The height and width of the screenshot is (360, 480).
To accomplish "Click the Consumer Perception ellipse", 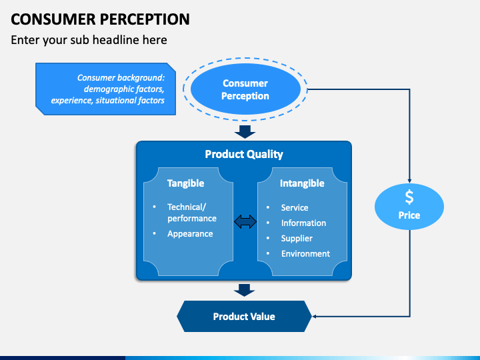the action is (245, 89).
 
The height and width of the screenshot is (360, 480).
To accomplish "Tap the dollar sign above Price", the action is (409, 197).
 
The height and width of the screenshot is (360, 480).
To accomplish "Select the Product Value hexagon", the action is (244, 316).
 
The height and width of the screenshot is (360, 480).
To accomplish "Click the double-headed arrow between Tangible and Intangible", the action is (245, 221).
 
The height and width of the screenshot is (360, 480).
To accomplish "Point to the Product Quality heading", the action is (244, 154).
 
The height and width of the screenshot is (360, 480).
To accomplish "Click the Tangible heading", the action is (185, 183).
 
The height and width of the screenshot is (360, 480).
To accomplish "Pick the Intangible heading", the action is (302, 183).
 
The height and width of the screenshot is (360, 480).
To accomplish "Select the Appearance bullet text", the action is (190, 234).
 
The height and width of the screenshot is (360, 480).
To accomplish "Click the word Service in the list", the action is (295, 207).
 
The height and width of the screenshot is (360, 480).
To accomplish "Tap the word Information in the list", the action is (304, 223).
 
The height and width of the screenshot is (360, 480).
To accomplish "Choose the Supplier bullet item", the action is (297, 239).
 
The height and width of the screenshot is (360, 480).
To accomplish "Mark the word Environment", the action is (305, 254).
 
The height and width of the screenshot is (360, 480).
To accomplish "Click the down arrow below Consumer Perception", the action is (245, 131).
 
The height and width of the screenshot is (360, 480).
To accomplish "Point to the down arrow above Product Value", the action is (244, 290).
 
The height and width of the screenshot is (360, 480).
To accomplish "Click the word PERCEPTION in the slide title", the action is (145, 19).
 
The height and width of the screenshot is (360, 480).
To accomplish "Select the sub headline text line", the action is (89, 40).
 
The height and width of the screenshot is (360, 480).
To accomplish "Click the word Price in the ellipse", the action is (409, 215).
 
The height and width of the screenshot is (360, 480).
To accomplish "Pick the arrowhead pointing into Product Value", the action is (314, 316).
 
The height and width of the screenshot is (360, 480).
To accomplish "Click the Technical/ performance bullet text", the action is (192, 213).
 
